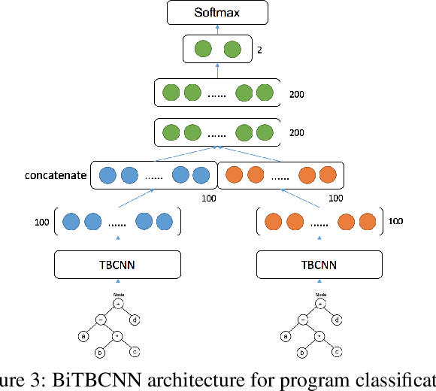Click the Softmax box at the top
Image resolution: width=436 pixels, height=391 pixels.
[217, 12]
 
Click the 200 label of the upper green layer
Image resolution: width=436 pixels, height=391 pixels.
[298, 95]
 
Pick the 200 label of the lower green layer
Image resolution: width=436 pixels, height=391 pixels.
[298, 132]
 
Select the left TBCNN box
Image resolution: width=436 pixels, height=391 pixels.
[118, 264]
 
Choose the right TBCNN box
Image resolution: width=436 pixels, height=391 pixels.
[319, 264]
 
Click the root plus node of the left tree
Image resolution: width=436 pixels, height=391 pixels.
[118, 304]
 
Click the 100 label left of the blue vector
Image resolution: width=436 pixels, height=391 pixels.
[42, 223]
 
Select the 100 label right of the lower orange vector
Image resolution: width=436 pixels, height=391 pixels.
[395, 223]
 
